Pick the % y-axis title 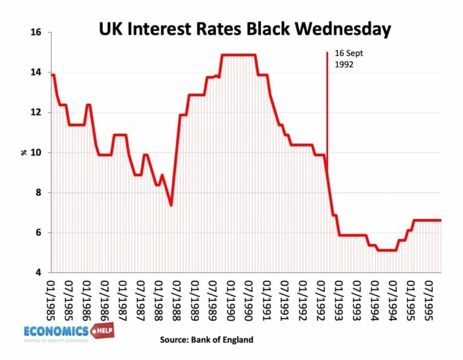pos(24,153)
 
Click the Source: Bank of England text pos(207,340)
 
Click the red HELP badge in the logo pos(102,331)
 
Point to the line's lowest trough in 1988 pos(171,205)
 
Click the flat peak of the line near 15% pos(238,55)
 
